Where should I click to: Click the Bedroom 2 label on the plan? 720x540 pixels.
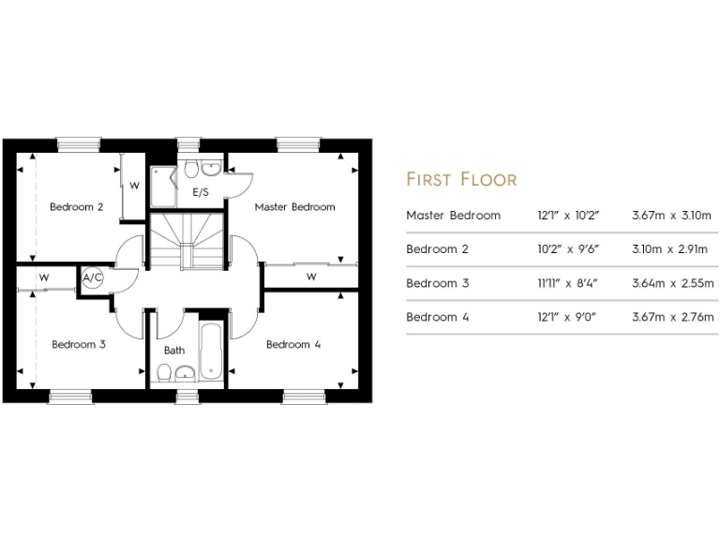click(x=76, y=207)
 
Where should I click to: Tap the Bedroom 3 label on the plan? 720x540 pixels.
click(x=78, y=345)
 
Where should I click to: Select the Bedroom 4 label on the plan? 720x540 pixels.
click(x=293, y=345)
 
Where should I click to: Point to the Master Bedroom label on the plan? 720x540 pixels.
click(x=294, y=207)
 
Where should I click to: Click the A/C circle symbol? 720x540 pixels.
click(x=93, y=278)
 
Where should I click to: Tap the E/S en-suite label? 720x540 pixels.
click(x=201, y=192)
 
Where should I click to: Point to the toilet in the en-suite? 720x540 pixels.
click(x=191, y=169)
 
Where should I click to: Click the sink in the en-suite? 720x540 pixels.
click(x=213, y=169)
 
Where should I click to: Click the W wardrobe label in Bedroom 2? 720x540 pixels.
click(x=134, y=186)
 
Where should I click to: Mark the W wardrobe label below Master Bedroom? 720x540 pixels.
click(x=310, y=277)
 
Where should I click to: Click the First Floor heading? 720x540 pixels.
click(x=460, y=179)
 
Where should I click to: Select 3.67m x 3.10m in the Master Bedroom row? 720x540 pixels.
click(x=673, y=216)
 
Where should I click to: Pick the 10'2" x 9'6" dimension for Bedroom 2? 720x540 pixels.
click(x=569, y=249)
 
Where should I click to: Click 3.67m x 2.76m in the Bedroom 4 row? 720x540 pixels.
click(x=673, y=317)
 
